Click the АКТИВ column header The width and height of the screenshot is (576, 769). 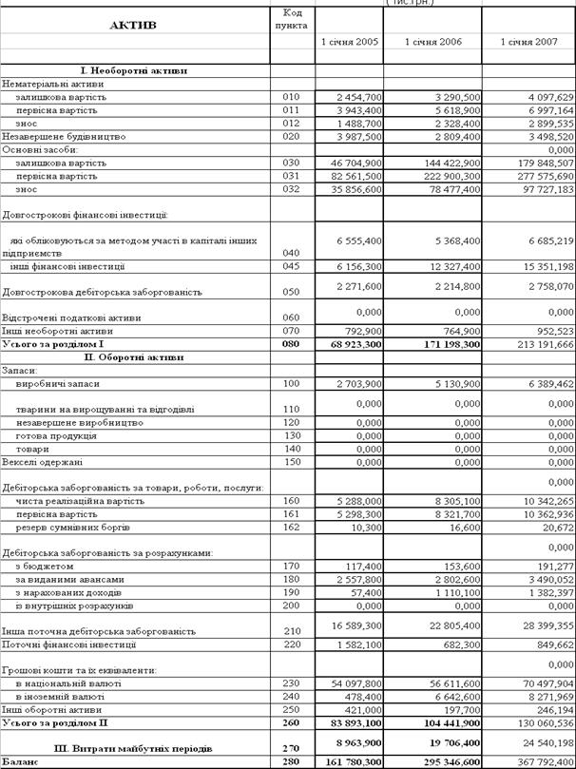click(133, 25)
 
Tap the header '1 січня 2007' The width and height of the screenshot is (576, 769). click(528, 43)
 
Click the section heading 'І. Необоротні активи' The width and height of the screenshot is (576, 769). click(134, 70)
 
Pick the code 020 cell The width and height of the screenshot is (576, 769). click(291, 136)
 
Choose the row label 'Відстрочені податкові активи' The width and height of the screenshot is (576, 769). click(72, 317)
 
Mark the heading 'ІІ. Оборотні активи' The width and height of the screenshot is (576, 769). click(134, 356)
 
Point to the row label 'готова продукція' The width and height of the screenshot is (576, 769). click(56, 435)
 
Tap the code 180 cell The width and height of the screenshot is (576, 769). click(291, 579)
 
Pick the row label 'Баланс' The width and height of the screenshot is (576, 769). click(20, 761)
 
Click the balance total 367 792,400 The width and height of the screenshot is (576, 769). click(542, 761)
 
